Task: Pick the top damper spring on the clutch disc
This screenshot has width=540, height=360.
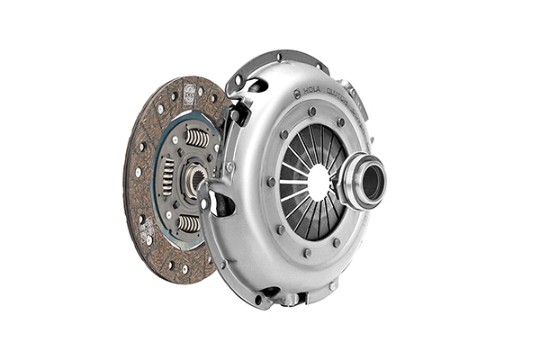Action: point(197,137)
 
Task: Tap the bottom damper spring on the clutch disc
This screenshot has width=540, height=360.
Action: point(189,222)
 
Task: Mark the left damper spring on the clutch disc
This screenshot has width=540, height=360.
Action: point(167,176)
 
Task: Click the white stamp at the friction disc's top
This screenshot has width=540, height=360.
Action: point(190,92)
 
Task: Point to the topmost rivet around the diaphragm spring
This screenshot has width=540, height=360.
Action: point(311,112)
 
